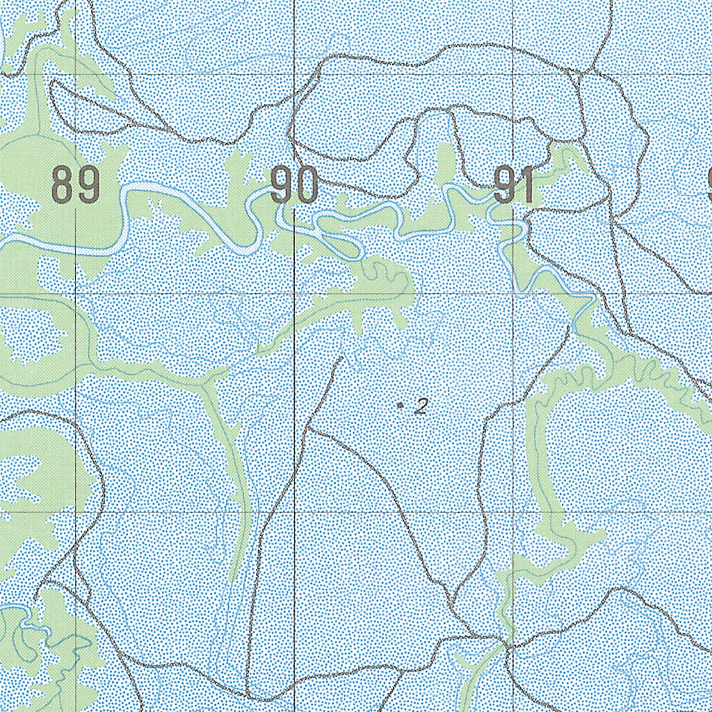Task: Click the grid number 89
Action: tap(76, 186)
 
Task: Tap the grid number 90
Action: tap(294, 186)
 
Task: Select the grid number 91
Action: tap(515, 186)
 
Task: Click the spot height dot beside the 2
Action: tap(400, 405)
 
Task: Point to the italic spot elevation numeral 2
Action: tap(420, 406)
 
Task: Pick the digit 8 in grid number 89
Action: tap(63, 186)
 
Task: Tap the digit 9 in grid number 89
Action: tap(89, 186)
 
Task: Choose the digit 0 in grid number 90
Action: tap(307, 186)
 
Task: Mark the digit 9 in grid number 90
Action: tap(282, 186)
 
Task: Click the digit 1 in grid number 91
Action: tap(526, 186)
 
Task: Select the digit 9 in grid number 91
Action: tap(504, 186)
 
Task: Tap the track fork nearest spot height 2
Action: tap(310, 431)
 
